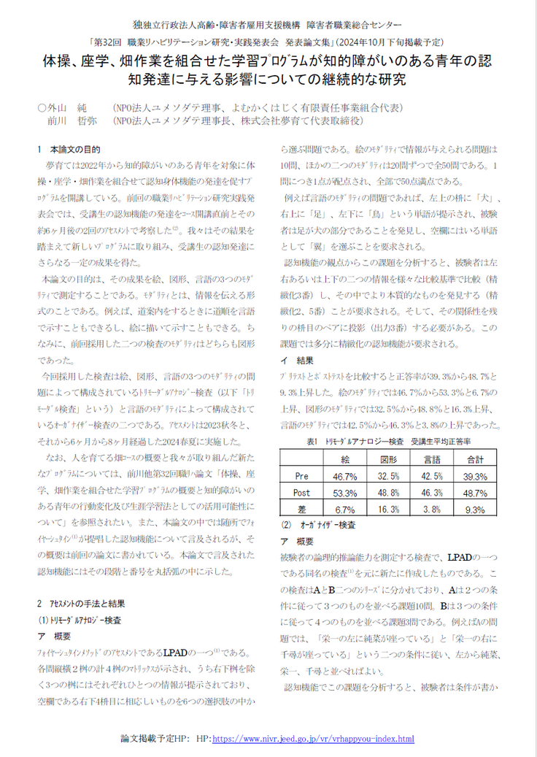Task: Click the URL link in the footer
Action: tap(313, 739)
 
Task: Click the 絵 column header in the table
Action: tap(344, 459)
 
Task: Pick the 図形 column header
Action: tap(388, 459)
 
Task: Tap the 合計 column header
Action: tap(475, 459)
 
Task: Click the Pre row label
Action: tap(301, 476)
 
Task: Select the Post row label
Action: tap(301, 493)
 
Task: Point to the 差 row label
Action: tap(301, 510)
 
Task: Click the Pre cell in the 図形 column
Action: tap(388, 476)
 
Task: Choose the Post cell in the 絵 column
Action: tap(344, 493)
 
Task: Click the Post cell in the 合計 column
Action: tap(475, 493)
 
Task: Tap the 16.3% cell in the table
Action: tap(388, 510)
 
